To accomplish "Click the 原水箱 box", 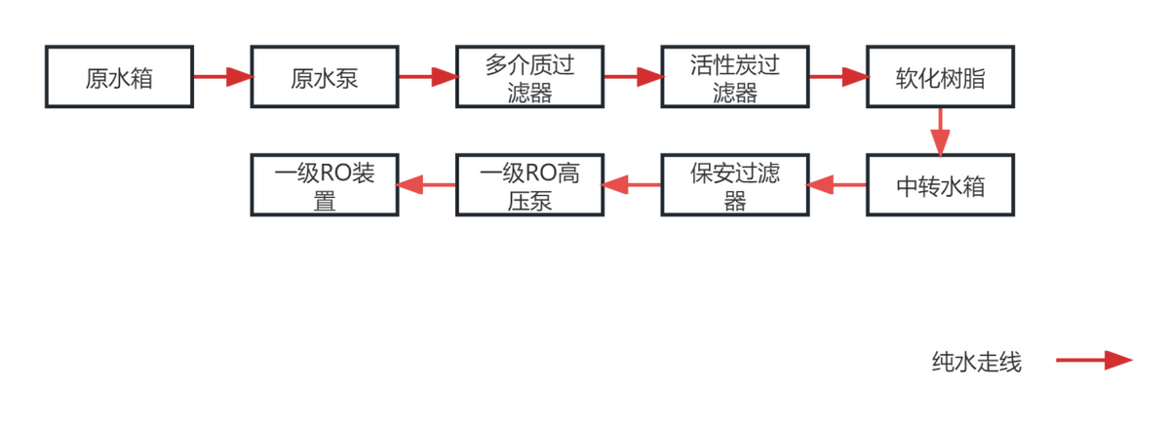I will point(119,76).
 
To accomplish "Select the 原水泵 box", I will point(324,76).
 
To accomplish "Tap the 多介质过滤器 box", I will point(529,76).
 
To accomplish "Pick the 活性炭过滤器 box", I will point(734,76).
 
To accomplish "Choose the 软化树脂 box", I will point(940,76).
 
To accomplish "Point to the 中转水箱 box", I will point(940,185).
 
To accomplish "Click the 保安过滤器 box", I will point(734,185).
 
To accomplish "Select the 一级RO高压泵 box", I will point(529,185).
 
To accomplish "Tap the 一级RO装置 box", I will point(324,185).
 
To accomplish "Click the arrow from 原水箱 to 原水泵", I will point(221,76).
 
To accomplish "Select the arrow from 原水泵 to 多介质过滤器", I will point(427,76).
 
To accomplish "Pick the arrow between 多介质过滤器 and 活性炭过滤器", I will point(632,76).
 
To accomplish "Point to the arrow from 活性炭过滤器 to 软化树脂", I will point(838,76).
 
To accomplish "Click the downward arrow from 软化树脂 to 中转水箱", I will point(940,131).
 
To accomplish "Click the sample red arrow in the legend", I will point(1094,361).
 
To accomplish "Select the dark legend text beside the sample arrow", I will point(975,362).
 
